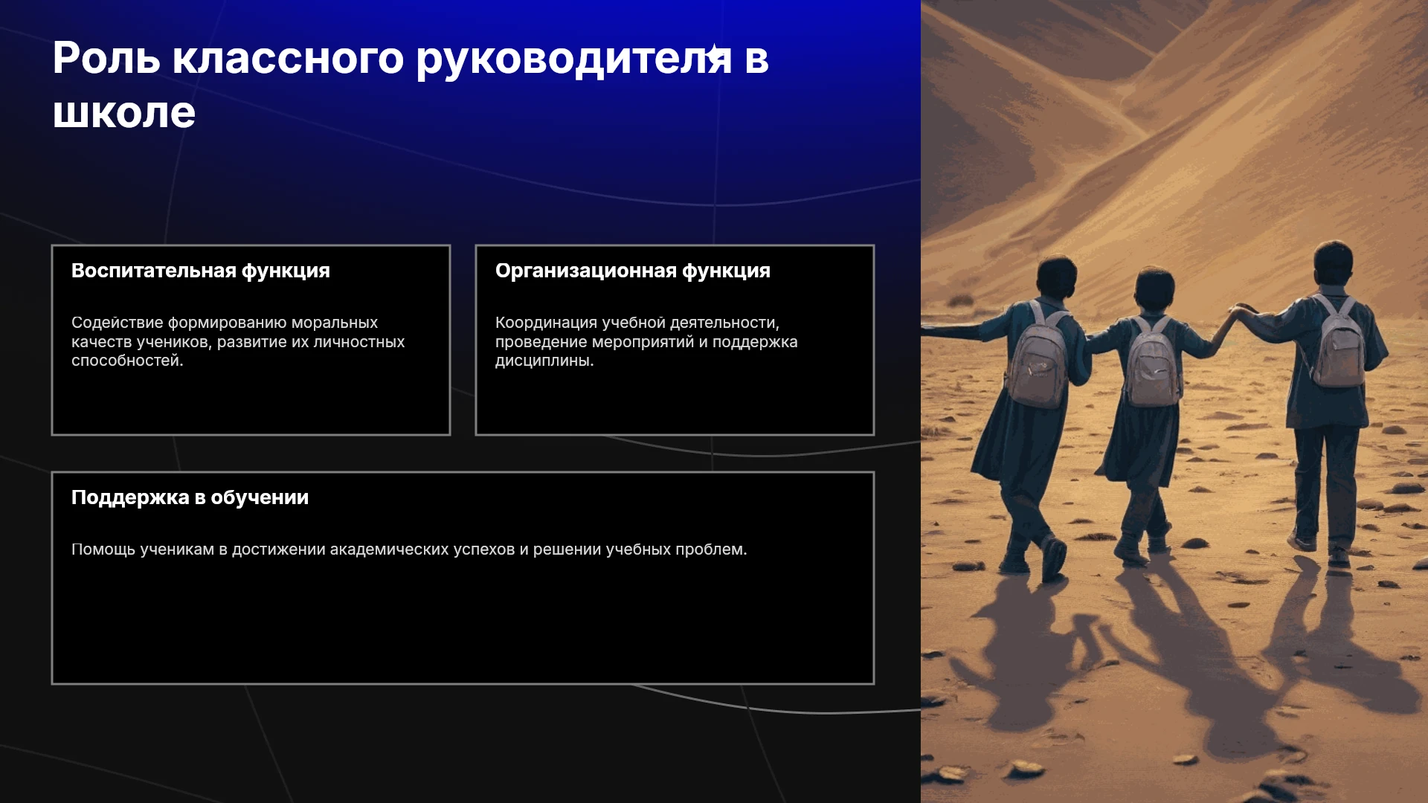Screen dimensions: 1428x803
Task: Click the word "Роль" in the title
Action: (x=106, y=58)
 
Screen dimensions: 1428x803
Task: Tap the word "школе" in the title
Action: (x=124, y=113)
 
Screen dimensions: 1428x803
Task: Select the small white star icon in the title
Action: (x=715, y=54)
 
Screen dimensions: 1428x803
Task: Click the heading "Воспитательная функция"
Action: (x=201, y=271)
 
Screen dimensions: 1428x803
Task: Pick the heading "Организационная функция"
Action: (x=633, y=271)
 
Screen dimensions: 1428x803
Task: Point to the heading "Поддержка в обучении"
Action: (x=190, y=497)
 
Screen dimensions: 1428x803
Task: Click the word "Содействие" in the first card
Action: (x=118, y=323)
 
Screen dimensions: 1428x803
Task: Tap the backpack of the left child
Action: (x=1037, y=356)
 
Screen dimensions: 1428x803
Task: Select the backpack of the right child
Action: (x=1337, y=343)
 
